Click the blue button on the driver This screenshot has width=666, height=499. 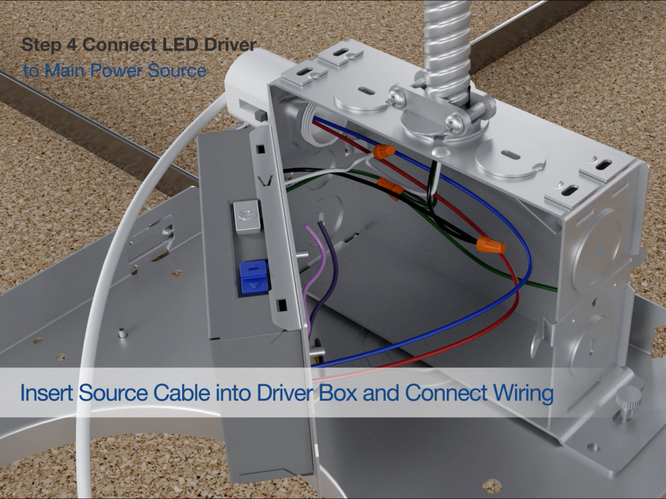pos(254,277)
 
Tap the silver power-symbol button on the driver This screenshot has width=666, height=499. pos(246,217)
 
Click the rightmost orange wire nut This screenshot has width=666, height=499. pos(491,245)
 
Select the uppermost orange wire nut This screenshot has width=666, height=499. pos(384,151)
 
